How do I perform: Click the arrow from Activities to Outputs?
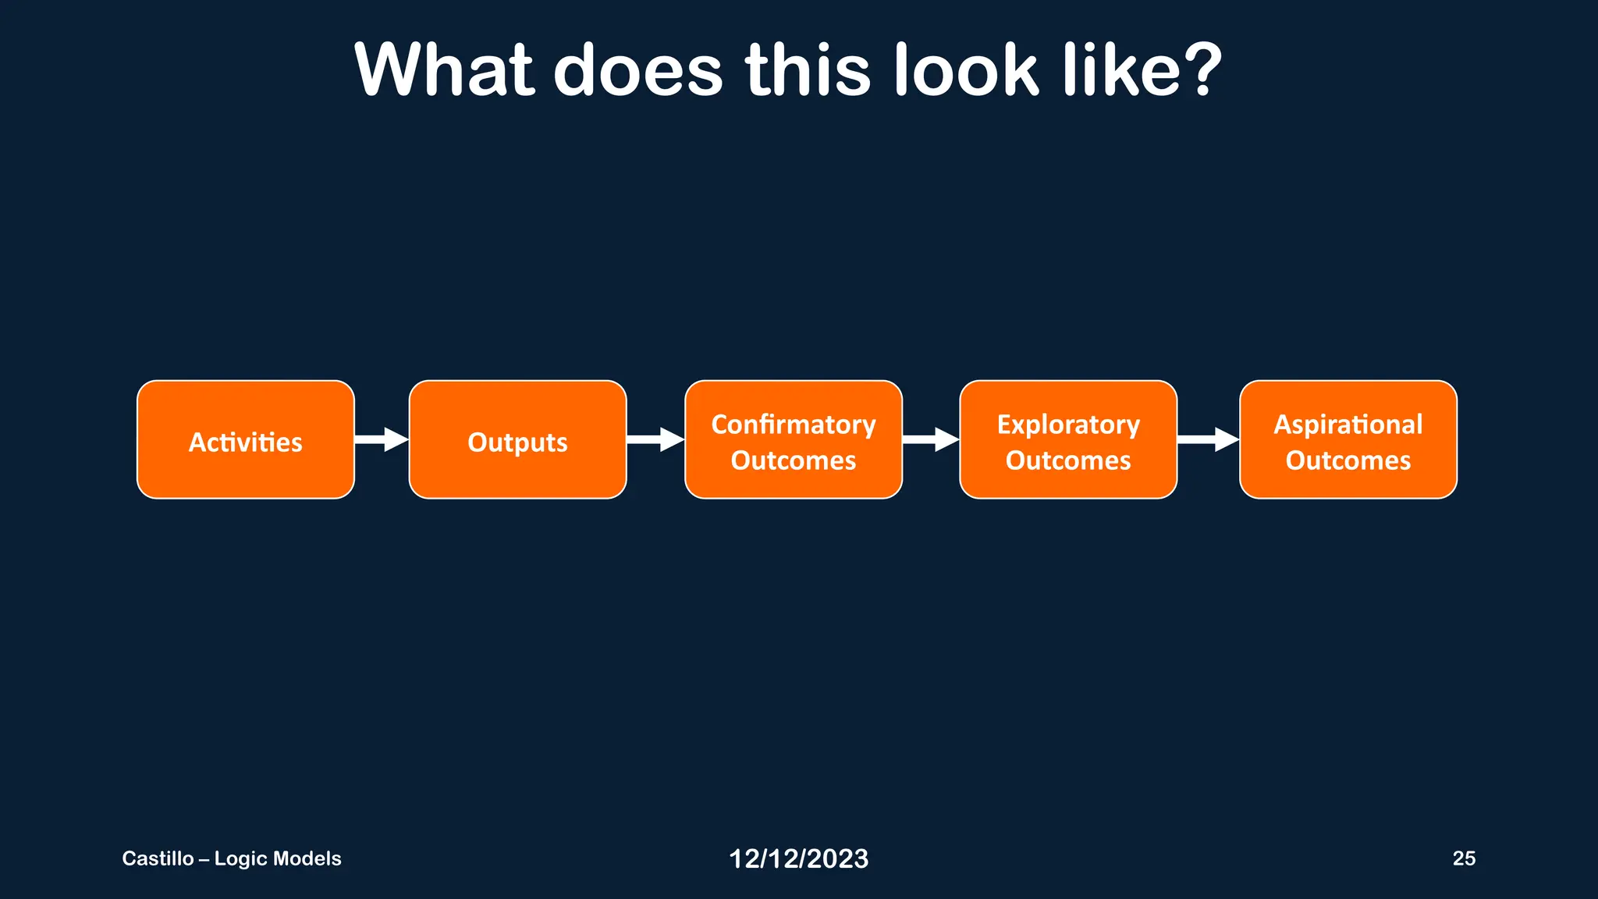point(382,439)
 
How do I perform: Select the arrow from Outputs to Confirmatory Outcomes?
point(655,439)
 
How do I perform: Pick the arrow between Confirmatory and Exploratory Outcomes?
point(931,439)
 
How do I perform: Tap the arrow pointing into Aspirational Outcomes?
point(1208,439)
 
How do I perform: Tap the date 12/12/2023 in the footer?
point(798,858)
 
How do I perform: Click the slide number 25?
point(1464,858)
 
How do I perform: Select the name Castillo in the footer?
point(158,858)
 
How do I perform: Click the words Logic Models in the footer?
point(278,858)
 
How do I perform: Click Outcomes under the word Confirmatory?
point(793,460)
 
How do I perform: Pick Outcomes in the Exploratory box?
point(1067,460)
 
